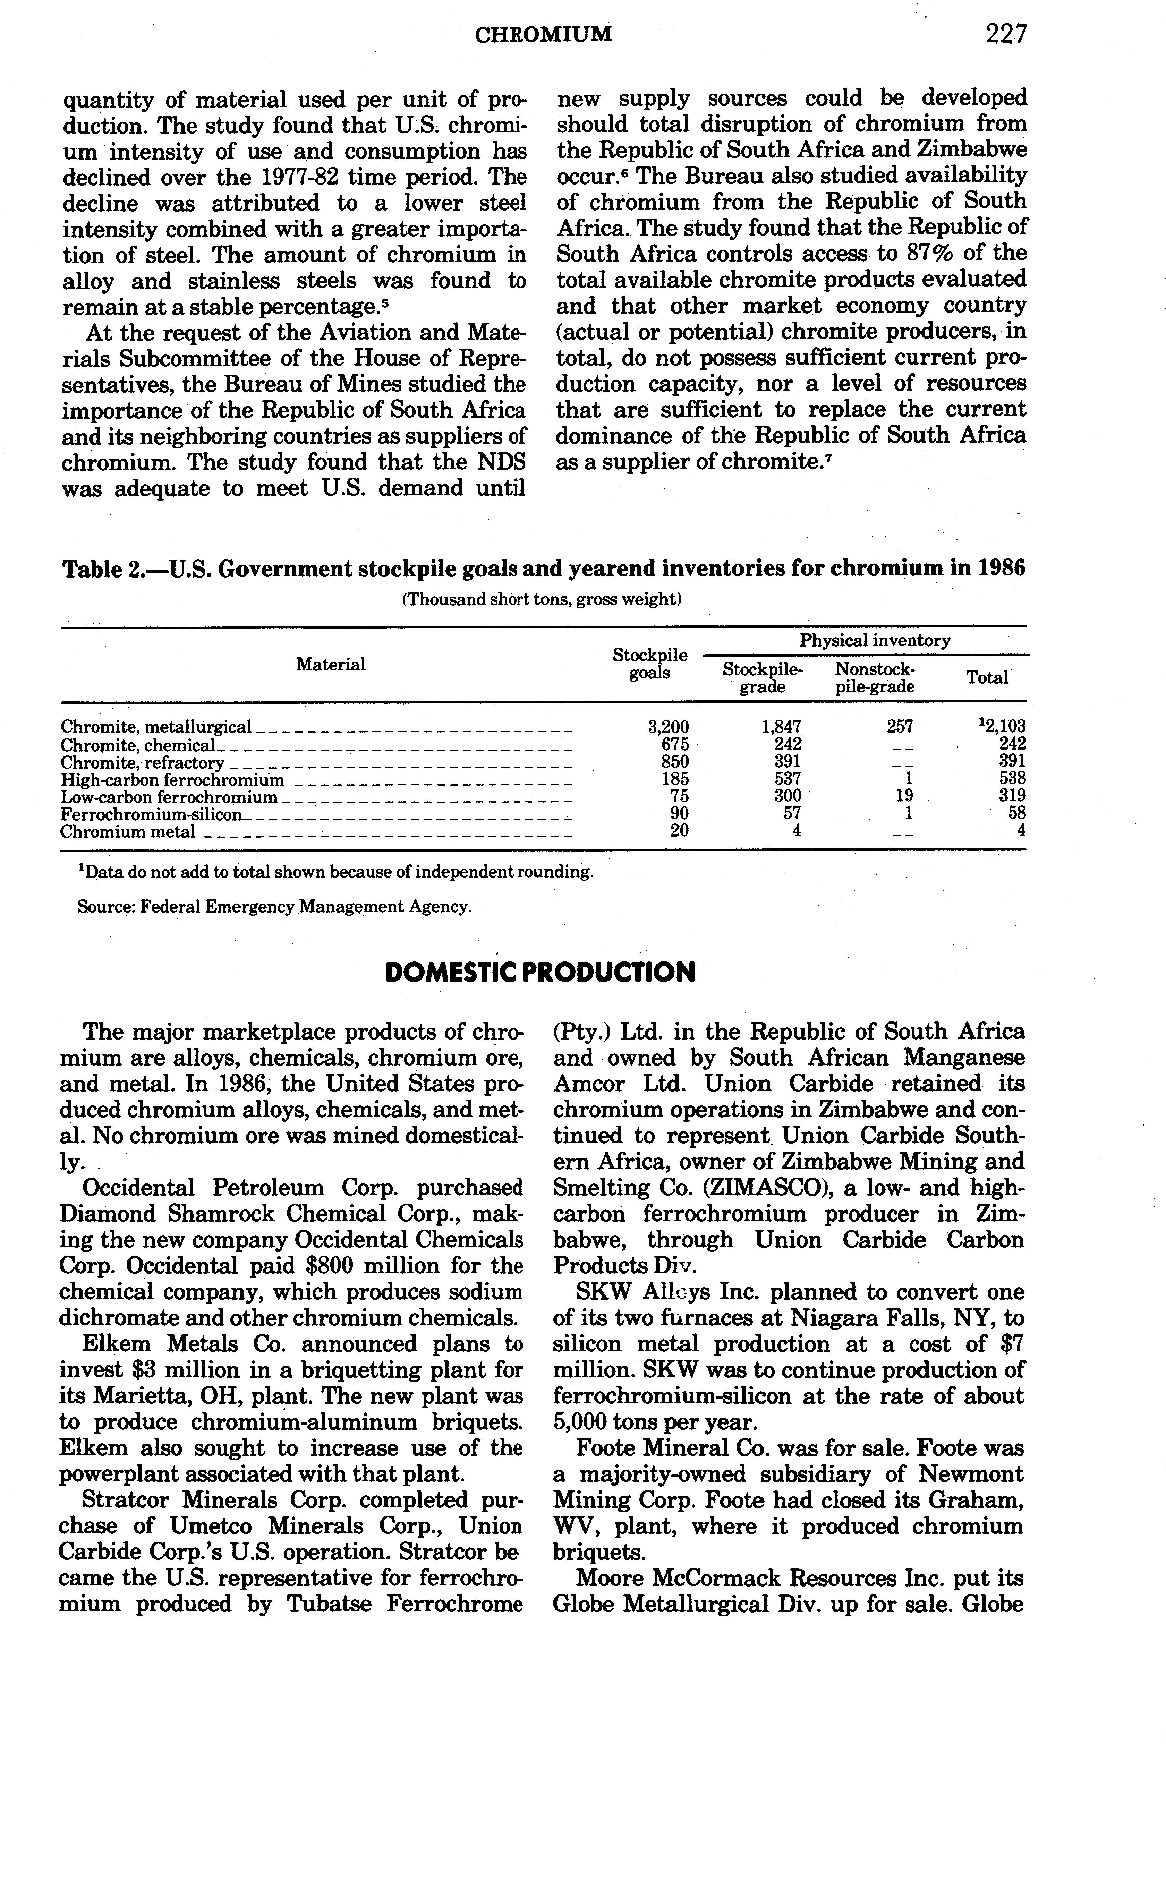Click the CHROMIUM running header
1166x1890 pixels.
544,34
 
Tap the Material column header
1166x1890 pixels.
331,665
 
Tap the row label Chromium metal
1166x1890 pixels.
128,832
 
